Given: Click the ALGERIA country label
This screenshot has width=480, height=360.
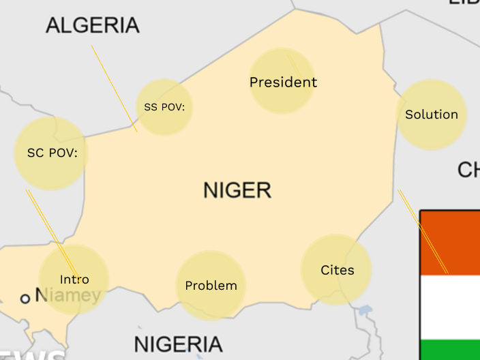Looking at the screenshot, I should (x=92, y=26).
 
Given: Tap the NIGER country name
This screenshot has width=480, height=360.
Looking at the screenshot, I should (x=237, y=190).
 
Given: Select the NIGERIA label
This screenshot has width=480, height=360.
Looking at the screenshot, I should (x=178, y=344).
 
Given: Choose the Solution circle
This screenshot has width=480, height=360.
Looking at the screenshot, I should (x=431, y=115).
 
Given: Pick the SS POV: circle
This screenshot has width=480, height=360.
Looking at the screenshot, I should (x=164, y=107).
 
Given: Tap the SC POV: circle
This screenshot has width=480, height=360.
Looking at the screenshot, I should (x=51, y=153).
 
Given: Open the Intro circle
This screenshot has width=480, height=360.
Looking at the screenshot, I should (x=74, y=280).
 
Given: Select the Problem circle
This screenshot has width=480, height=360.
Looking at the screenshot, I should (x=211, y=286).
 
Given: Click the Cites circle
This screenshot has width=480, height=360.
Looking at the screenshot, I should (x=337, y=271).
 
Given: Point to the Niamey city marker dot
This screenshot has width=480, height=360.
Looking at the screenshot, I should (x=25, y=298).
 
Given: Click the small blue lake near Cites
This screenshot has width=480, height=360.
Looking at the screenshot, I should (x=365, y=310).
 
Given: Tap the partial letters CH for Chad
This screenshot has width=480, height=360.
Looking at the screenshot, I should (x=468, y=170).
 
